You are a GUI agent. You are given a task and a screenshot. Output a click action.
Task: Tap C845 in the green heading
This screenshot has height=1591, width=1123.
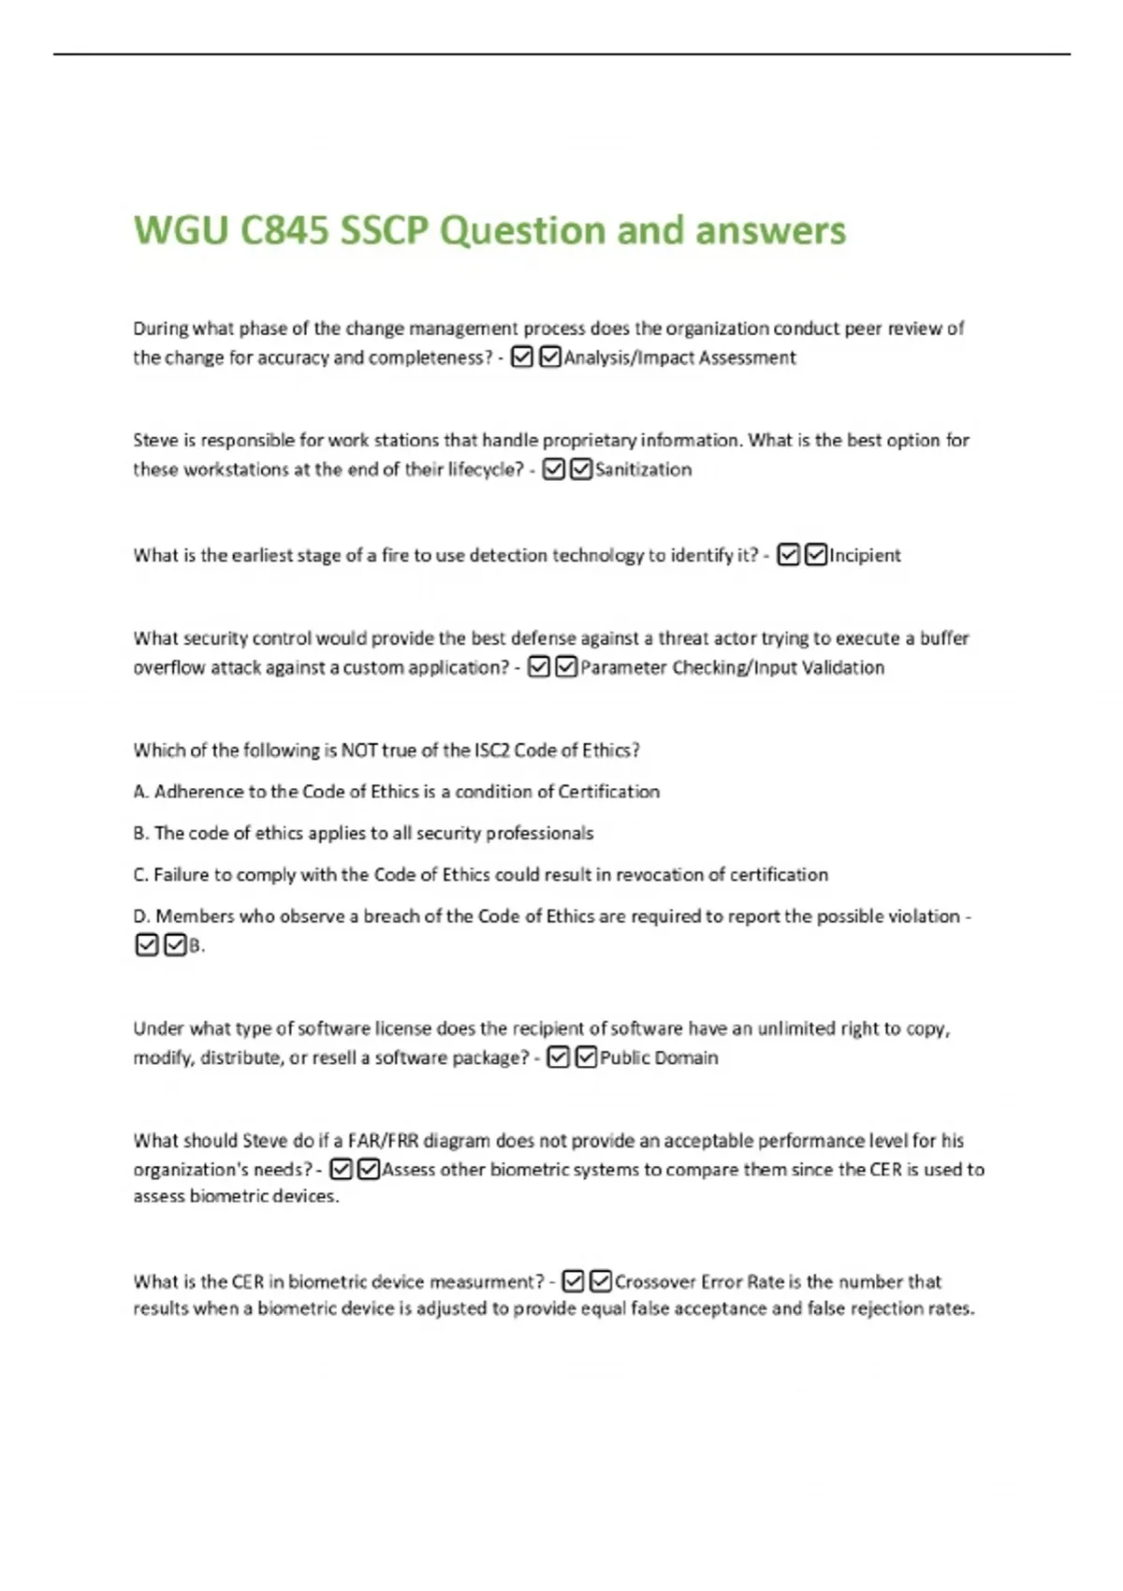(x=284, y=230)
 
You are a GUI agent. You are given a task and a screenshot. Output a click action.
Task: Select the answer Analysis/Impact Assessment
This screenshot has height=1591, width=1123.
(x=679, y=358)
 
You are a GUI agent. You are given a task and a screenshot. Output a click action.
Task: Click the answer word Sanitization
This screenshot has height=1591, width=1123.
(x=644, y=470)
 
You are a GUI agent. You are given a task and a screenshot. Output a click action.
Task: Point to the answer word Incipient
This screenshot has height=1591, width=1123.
(x=865, y=555)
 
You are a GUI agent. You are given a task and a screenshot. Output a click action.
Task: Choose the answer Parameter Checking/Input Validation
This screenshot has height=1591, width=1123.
(x=732, y=667)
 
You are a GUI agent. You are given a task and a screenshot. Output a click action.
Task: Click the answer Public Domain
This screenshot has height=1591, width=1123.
(x=659, y=1058)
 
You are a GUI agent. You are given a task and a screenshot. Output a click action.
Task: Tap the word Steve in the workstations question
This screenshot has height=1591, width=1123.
(x=155, y=440)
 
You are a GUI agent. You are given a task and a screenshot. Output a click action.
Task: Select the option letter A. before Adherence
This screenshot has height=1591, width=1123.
(x=141, y=792)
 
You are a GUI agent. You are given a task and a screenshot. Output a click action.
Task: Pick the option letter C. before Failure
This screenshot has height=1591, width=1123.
(x=141, y=875)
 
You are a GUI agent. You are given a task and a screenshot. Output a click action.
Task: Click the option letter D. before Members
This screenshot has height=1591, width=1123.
(x=142, y=916)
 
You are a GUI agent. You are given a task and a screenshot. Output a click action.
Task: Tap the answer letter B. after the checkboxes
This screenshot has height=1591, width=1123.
(x=197, y=945)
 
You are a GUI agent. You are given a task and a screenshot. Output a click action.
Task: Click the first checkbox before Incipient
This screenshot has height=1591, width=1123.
(x=789, y=555)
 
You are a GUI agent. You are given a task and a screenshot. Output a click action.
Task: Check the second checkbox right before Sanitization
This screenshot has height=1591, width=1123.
(x=581, y=469)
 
